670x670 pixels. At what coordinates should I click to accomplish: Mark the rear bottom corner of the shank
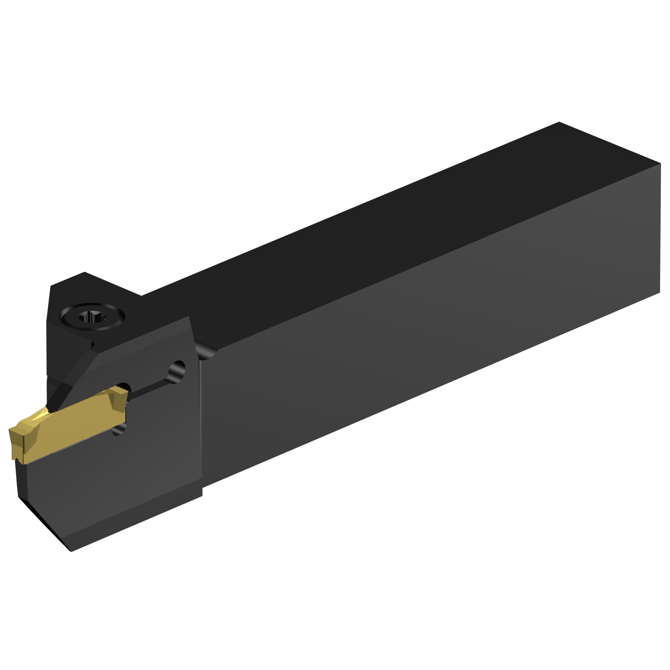tap(659, 293)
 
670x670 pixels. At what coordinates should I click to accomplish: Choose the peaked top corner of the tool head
tap(84, 272)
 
